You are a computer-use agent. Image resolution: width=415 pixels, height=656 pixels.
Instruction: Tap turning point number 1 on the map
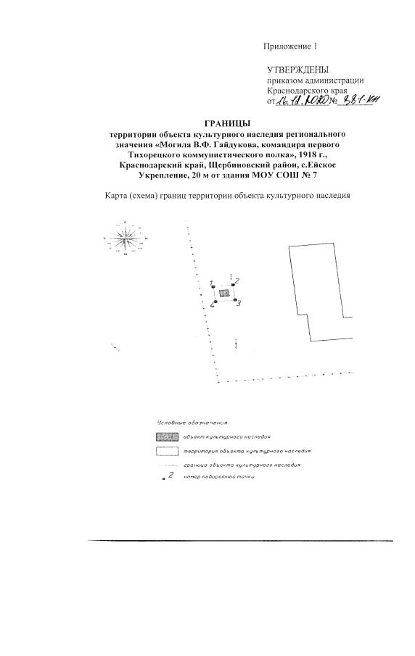tap(213, 287)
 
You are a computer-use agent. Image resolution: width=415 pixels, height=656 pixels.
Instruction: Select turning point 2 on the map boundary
tap(233, 285)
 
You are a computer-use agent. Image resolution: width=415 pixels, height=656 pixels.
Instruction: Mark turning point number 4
tap(215, 302)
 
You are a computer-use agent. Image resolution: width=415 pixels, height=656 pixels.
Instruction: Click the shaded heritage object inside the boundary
tap(224, 293)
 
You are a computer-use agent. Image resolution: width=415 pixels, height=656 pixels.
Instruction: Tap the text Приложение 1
tap(290, 46)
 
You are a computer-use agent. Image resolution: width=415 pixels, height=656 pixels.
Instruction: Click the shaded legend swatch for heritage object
tap(167, 437)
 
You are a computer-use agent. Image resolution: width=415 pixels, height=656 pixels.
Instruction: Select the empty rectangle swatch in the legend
tap(167, 451)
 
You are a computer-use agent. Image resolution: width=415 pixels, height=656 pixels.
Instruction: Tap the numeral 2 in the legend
tap(170, 475)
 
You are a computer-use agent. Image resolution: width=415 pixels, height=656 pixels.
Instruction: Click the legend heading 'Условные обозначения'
tap(193, 423)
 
